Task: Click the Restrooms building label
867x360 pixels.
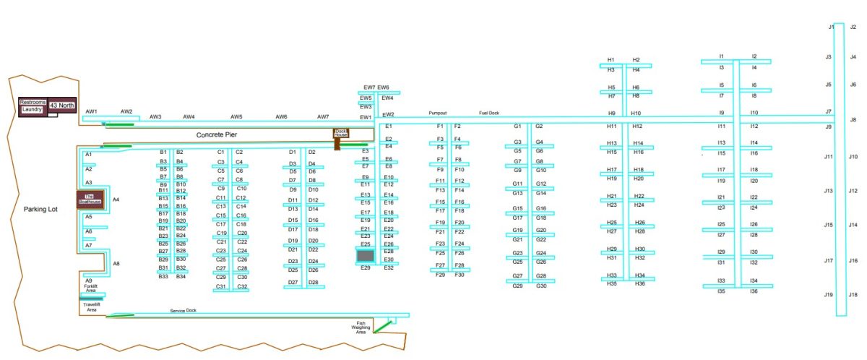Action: (x=33, y=102)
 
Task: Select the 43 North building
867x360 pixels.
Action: (x=62, y=106)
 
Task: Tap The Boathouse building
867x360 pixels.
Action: (x=91, y=200)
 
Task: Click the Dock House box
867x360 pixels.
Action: (x=340, y=133)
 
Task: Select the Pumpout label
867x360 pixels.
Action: (x=438, y=113)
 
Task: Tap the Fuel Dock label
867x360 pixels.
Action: (x=489, y=113)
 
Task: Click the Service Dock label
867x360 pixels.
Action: (x=183, y=311)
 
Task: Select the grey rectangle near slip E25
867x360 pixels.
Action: (x=366, y=256)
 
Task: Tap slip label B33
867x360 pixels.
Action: (x=163, y=277)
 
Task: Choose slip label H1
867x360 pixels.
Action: (x=611, y=60)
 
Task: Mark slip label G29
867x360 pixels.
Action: (x=517, y=286)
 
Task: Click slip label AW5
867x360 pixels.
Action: (x=236, y=116)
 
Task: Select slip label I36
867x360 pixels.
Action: (x=754, y=291)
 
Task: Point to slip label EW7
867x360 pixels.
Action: (x=369, y=87)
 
